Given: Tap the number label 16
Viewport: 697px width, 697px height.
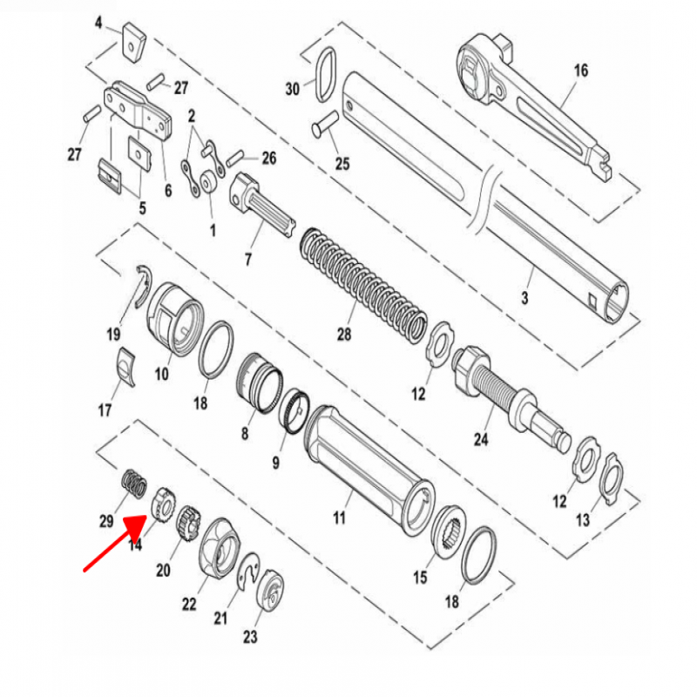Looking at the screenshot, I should pyautogui.click(x=581, y=71).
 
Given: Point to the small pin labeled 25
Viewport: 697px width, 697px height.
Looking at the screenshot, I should pyautogui.click(x=321, y=129).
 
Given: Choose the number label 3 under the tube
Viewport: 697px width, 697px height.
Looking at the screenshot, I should pyautogui.click(x=524, y=298).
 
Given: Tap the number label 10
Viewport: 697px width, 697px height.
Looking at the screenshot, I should pyautogui.click(x=162, y=374).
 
